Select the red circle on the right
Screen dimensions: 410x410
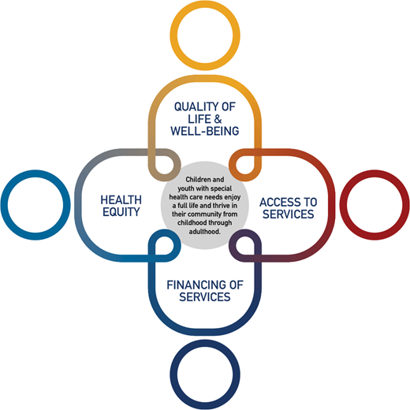(343, 205)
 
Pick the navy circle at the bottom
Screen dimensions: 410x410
(205, 343)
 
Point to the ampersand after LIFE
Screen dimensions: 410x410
(218, 119)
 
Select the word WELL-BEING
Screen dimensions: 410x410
(205, 131)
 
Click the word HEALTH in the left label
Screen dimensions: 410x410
(121, 200)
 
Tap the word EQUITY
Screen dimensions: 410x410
(121, 212)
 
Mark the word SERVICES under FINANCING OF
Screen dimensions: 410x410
(205, 296)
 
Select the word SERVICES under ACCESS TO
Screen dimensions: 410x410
(289, 214)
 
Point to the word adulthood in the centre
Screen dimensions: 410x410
(203, 232)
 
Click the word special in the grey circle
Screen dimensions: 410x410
(221, 188)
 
